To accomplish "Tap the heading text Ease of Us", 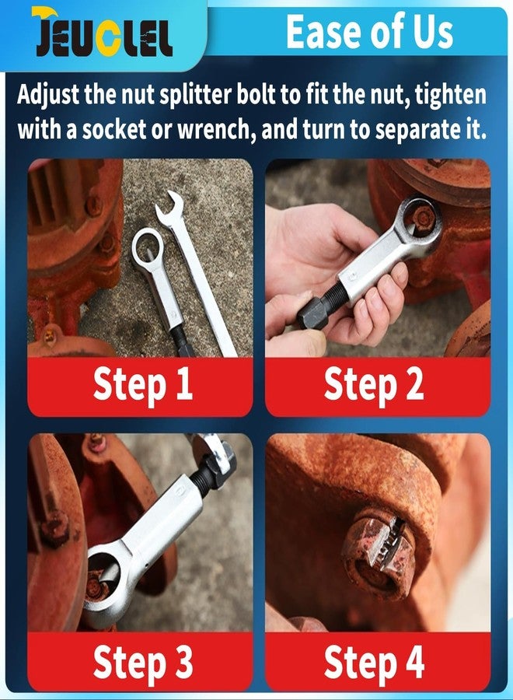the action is [x=369, y=31].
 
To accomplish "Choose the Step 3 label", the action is [x=143, y=662].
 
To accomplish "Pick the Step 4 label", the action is [x=373, y=662].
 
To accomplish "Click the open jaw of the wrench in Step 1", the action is [x=169, y=205].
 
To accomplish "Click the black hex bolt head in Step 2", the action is [x=312, y=313].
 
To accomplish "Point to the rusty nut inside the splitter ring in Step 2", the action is [x=424, y=218].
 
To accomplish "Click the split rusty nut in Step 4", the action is [x=380, y=554].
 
